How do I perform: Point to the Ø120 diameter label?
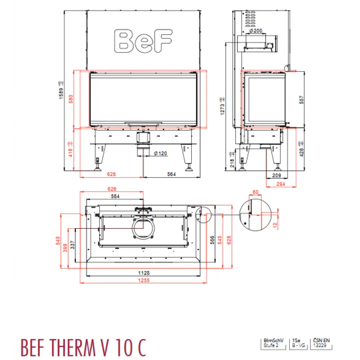coord(160,153)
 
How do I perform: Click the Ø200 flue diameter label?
coord(255,31)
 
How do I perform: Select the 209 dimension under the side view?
coord(276,176)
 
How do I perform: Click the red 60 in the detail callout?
coord(256,192)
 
